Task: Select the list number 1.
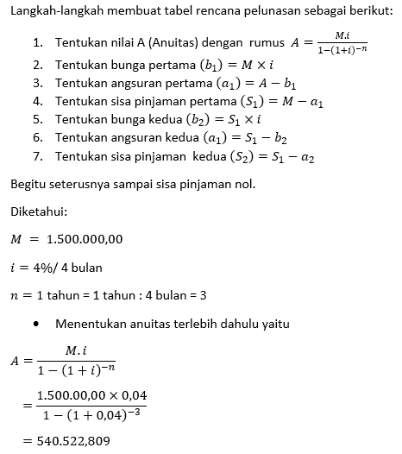[37, 42]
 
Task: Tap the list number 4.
[38, 100]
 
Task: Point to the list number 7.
[38, 157]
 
